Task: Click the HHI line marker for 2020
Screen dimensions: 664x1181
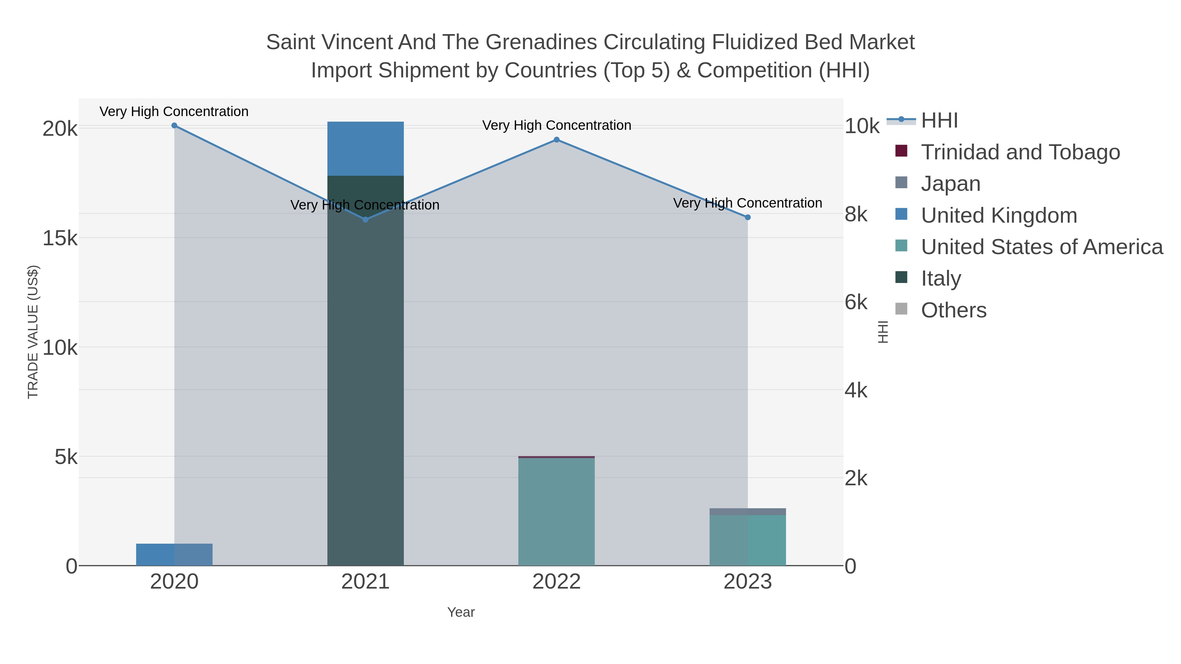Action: pyautogui.click(x=174, y=126)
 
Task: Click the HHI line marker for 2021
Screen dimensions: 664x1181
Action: pyautogui.click(x=365, y=219)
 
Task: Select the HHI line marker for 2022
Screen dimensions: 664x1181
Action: pyautogui.click(x=557, y=140)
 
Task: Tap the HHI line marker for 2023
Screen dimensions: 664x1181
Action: pyautogui.click(x=748, y=217)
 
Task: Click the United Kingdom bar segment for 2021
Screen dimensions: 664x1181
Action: pyautogui.click(x=365, y=149)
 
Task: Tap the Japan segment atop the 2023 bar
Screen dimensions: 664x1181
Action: pyautogui.click(x=748, y=512)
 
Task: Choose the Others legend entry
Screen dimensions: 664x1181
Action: pyautogui.click(x=954, y=310)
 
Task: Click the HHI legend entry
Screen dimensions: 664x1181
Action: pyautogui.click(x=939, y=121)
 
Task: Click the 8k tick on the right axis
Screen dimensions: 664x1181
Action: pyautogui.click(x=856, y=214)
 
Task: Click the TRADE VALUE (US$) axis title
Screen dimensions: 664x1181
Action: pyautogui.click(x=33, y=332)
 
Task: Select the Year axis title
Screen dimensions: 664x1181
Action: pyautogui.click(x=461, y=612)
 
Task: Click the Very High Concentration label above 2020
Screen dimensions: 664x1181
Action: pyautogui.click(x=174, y=111)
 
